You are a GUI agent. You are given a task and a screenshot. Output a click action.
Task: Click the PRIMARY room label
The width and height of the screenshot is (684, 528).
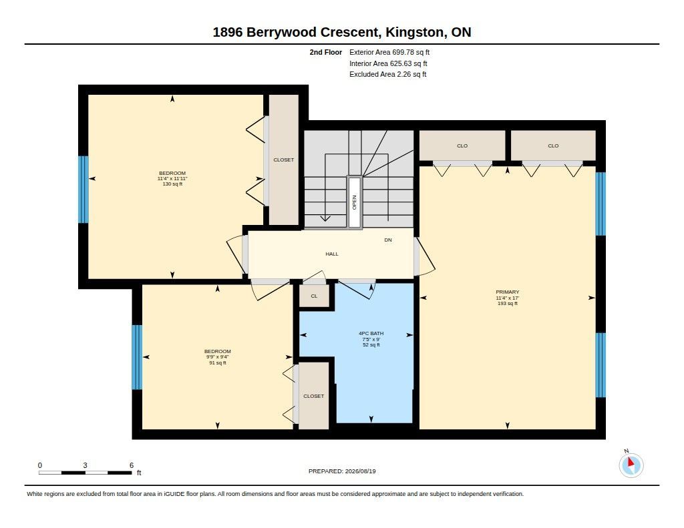pyautogui.click(x=508, y=292)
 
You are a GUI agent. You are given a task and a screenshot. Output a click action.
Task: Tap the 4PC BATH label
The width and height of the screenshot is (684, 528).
pyautogui.click(x=371, y=334)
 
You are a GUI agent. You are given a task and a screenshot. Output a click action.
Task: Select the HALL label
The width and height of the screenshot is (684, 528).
pyautogui.click(x=332, y=254)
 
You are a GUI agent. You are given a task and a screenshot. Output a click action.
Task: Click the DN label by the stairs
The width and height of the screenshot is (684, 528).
pyautogui.click(x=388, y=240)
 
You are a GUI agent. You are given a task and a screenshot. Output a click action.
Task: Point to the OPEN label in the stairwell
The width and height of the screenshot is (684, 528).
pyautogui.click(x=354, y=202)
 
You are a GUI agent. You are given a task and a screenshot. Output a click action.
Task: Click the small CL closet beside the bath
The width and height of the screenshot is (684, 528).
pyautogui.click(x=314, y=296)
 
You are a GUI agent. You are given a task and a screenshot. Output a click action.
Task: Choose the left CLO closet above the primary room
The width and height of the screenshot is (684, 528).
pyautogui.click(x=462, y=146)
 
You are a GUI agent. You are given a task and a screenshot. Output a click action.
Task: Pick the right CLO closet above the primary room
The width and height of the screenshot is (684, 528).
pyautogui.click(x=553, y=146)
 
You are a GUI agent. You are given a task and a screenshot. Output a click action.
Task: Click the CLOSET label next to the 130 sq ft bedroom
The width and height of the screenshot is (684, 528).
pyautogui.click(x=283, y=160)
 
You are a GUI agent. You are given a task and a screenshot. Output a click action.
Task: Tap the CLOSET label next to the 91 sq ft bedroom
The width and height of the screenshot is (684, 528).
pyautogui.click(x=314, y=396)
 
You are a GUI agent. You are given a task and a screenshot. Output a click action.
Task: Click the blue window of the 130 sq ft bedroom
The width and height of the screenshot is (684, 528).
pyautogui.click(x=83, y=190)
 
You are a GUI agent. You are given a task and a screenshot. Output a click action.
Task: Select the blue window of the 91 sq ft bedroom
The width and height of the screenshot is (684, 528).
pyautogui.click(x=137, y=357)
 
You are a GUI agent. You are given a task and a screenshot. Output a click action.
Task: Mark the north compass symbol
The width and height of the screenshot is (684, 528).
pyautogui.click(x=631, y=465)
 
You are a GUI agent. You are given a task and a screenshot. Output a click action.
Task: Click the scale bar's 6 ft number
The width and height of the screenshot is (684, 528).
pyautogui.click(x=132, y=465)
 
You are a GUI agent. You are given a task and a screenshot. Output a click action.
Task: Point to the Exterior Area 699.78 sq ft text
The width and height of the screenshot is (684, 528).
pyautogui.click(x=389, y=52)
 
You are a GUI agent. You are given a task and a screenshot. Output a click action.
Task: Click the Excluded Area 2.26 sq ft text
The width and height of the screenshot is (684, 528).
pyautogui.click(x=388, y=74)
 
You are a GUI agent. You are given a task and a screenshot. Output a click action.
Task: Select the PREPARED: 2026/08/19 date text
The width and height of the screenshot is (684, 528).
pyautogui.click(x=342, y=471)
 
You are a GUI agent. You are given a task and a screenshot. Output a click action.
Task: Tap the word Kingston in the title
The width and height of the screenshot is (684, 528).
pyautogui.click(x=414, y=32)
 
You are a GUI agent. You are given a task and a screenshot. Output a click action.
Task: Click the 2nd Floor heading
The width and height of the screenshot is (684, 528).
pyautogui.click(x=326, y=52)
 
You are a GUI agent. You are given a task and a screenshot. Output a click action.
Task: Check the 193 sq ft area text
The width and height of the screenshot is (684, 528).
pyautogui.click(x=508, y=304)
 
